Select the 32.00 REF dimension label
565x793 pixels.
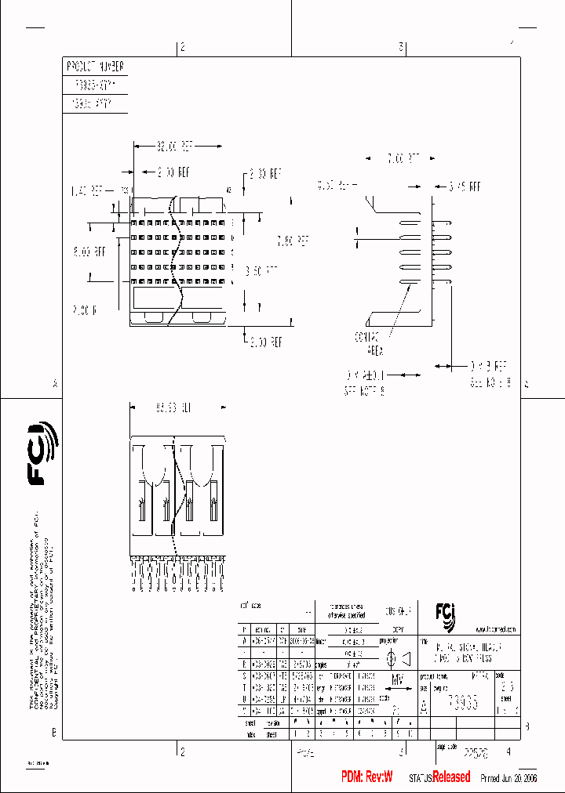[175, 147]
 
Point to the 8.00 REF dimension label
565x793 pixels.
[89, 252]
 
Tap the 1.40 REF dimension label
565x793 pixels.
[87, 190]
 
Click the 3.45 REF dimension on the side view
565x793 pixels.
[464, 187]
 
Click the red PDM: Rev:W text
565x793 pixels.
[366, 777]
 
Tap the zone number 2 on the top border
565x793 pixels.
[182, 47]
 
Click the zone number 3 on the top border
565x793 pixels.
[401, 47]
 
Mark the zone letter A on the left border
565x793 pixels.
[55, 384]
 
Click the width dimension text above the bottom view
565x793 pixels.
[175, 408]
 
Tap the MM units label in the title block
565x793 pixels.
[398, 679]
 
